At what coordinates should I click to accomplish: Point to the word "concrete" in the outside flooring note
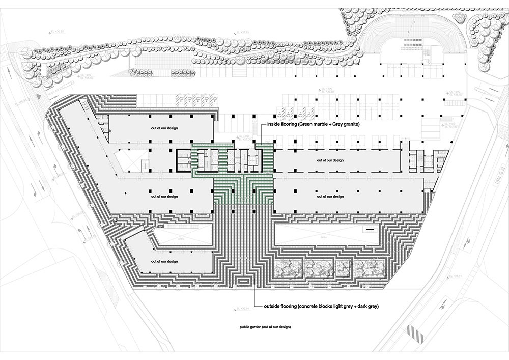click(323, 307)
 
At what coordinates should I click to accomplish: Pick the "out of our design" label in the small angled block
click(164, 261)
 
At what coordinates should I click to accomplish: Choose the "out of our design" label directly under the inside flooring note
click(330, 160)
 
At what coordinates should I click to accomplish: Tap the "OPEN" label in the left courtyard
click(182, 236)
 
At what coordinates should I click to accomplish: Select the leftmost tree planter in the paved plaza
click(288, 268)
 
